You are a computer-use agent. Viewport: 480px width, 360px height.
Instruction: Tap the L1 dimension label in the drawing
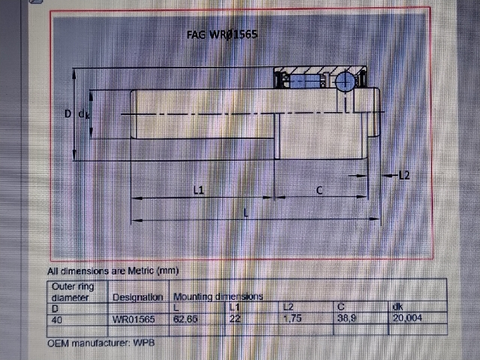tap(198, 191)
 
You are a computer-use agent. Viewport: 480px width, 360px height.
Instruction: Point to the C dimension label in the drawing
tap(319, 191)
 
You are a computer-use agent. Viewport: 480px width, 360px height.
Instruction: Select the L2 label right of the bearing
tap(403, 176)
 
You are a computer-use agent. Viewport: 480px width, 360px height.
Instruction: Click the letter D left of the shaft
tap(68, 113)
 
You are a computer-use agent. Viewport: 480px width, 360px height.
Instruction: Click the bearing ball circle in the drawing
tap(345, 80)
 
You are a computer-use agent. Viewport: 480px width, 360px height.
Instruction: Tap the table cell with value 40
tap(56, 318)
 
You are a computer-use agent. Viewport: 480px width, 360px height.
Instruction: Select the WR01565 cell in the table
tap(134, 318)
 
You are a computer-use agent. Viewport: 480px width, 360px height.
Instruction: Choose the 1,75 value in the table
tap(292, 318)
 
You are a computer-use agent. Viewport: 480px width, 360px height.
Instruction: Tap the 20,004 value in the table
tap(407, 318)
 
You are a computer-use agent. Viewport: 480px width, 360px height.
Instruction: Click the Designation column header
tap(137, 297)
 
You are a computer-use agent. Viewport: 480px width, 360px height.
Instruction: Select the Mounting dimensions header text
tap(219, 297)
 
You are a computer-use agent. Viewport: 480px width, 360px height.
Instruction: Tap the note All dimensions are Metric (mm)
tap(113, 271)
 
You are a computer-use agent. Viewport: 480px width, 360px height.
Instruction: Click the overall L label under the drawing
tap(246, 213)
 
